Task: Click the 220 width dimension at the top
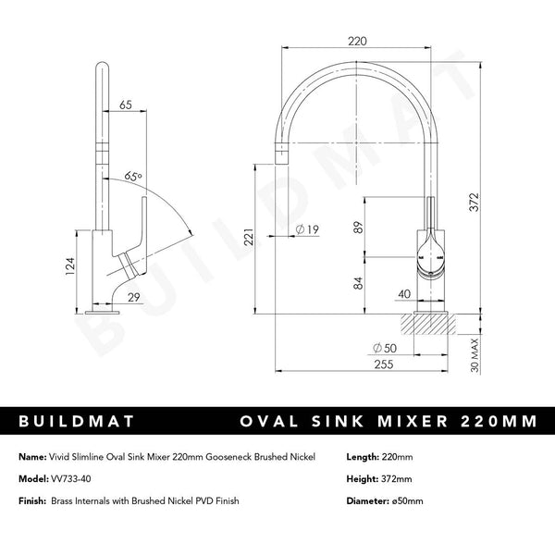pos(359,40)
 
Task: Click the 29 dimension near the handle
pos(133,296)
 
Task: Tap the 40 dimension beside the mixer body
pos(403,294)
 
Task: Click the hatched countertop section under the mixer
pos(427,325)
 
